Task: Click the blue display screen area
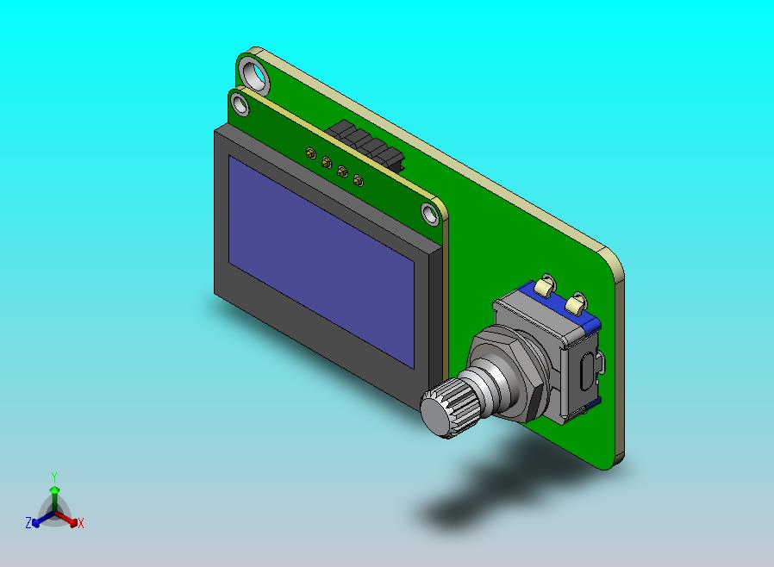click(x=321, y=262)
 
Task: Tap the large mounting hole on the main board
click(x=255, y=74)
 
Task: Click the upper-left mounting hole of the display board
click(x=240, y=104)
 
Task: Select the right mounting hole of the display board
click(x=430, y=215)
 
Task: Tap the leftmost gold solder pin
click(x=310, y=153)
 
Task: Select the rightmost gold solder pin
click(x=359, y=180)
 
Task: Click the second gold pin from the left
click(x=327, y=162)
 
